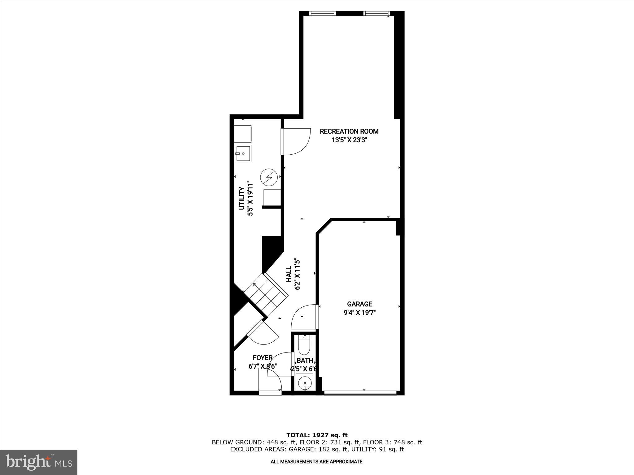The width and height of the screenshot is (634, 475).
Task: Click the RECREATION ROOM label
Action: (x=349, y=131)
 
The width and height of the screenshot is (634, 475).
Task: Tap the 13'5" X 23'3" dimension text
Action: (x=349, y=140)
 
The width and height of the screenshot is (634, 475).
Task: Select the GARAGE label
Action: (x=359, y=304)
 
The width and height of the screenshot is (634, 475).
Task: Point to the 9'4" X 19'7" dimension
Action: (x=359, y=313)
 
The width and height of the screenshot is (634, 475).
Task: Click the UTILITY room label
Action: (x=242, y=198)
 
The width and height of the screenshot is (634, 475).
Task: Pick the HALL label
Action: (x=289, y=274)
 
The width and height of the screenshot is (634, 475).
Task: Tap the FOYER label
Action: (x=263, y=358)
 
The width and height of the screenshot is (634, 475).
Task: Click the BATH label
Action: (x=305, y=361)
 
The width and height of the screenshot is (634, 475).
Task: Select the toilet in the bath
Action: (x=304, y=345)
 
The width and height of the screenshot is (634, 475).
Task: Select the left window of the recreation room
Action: (x=323, y=13)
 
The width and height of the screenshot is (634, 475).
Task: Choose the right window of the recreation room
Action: (x=376, y=13)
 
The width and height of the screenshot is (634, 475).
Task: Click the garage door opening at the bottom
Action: (x=360, y=393)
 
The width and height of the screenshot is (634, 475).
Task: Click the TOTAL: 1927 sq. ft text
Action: (x=317, y=435)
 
